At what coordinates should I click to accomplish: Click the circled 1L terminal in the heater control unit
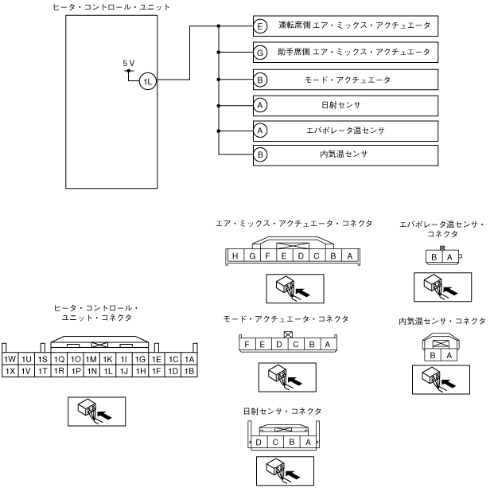(x=148, y=81)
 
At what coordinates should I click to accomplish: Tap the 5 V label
(x=129, y=63)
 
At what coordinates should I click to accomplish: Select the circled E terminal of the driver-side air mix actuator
(x=260, y=25)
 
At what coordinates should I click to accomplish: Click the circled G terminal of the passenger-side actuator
(x=260, y=53)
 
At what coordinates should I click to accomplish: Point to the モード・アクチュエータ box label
(x=348, y=80)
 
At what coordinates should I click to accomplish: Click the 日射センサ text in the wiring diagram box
(x=341, y=105)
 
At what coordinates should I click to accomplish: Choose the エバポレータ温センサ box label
(x=345, y=131)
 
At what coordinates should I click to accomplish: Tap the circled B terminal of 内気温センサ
(x=260, y=154)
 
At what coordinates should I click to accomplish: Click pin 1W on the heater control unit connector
(x=10, y=359)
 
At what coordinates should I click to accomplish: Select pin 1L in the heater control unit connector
(x=108, y=371)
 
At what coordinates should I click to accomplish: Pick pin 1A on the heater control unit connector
(x=189, y=359)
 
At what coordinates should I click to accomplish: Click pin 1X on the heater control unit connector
(x=10, y=371)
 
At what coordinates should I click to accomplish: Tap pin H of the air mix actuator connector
(x=235, y=256)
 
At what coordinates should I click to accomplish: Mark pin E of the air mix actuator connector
(x=284, y=256)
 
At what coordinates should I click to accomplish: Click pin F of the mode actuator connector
(x=247, y=344)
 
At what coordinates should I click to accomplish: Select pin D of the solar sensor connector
(x=259, y=442)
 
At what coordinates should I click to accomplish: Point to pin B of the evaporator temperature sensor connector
(x=434, y=257)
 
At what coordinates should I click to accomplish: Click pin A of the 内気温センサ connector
(x=449, y=355)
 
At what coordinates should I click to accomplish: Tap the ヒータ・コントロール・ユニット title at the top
(x=111, y=7)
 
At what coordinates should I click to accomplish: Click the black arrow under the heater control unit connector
(x=104, y=415)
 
